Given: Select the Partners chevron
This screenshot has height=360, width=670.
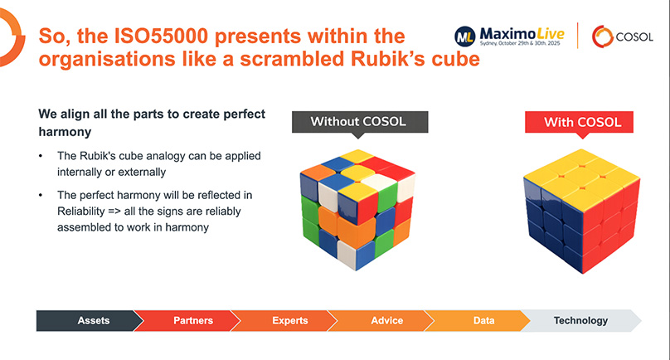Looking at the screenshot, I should (x=192, y=320).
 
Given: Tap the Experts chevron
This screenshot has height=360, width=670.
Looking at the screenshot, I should (x=289, y=320).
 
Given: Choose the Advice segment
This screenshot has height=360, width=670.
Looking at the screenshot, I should (x=387, y=320).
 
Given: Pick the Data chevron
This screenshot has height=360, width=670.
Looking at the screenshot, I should (x=484, y=320).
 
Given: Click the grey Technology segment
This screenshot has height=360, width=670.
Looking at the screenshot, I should (x=580, y=320).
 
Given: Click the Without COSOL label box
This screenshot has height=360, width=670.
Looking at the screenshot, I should (x=359, y=122).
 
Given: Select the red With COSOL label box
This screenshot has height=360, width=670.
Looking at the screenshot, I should (x=582, y=123).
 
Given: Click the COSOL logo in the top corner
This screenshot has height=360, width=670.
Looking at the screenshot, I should (x=623, y=36).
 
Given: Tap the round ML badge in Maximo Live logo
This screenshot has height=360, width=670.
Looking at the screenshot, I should (x=465, y=36).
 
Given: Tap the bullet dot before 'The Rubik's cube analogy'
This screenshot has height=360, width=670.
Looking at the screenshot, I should (x=42, y=156).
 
